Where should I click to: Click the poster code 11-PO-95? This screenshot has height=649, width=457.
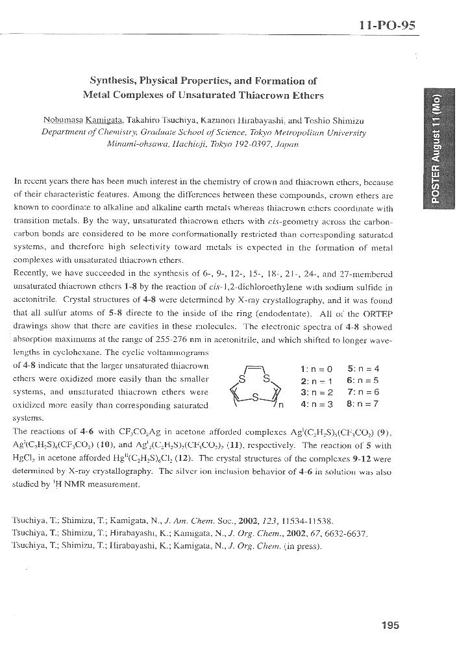pos(387,25)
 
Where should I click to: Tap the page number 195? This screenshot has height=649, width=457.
pos(391,625)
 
